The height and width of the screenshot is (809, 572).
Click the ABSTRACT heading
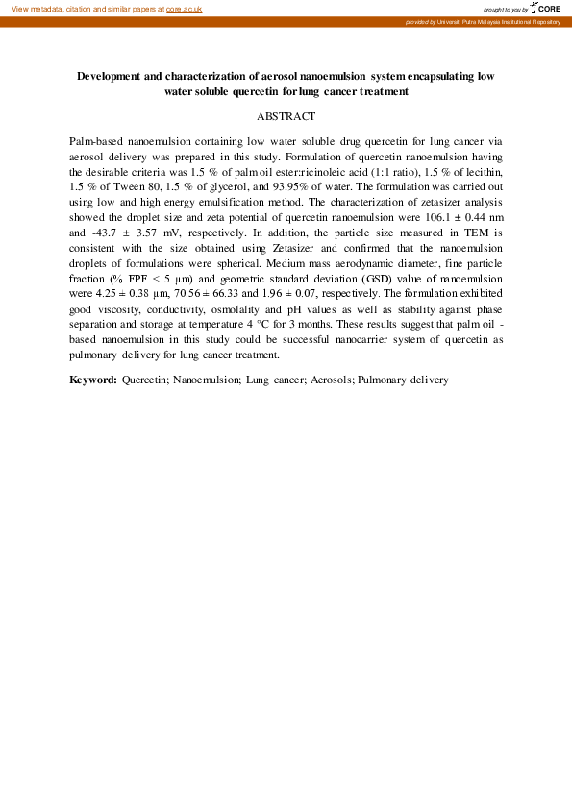coord(286,116)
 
